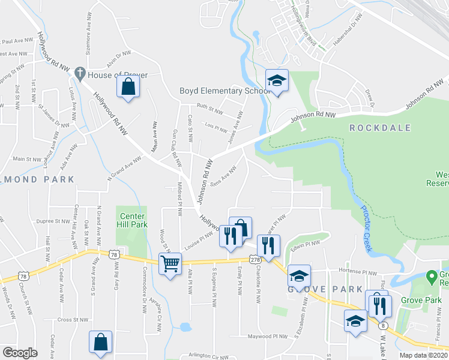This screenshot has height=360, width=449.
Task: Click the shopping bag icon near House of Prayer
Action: tap(128, 87)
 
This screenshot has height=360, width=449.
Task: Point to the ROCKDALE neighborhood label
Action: tap(380, 128)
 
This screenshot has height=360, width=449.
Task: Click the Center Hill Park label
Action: tap(133, 220)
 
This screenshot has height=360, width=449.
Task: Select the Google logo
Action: tap(20, 353)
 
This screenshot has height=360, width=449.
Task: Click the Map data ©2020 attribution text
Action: tap(424, 355)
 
